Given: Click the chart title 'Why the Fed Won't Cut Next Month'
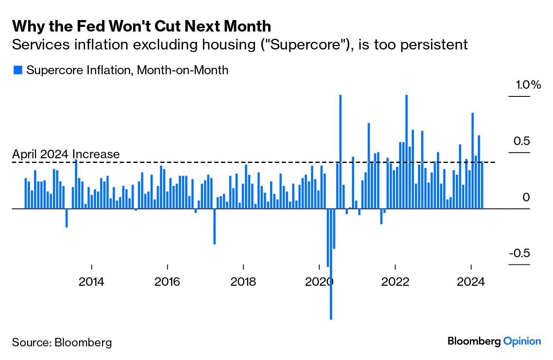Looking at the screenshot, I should tap(141, 26).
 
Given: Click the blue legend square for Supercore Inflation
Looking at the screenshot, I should tap(17, 70).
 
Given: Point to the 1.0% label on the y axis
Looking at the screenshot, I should tap(528, 85).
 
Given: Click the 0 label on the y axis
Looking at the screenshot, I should tap(526, 197).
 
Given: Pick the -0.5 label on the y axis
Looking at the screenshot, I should tap(520, 253).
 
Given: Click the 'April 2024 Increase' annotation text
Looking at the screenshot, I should tap(66, 154).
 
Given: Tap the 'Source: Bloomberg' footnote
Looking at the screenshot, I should tap(62, 342).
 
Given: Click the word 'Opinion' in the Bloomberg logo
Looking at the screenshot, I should tap(522, 341).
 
